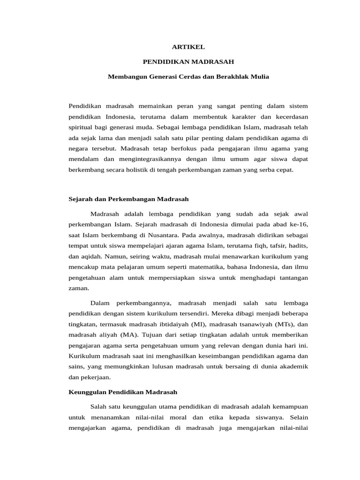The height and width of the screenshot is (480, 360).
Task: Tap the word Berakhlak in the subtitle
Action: pyautogui.click(x=232, y=76)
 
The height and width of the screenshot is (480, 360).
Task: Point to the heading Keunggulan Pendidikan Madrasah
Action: pyautogui.click(x=123, y=391)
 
